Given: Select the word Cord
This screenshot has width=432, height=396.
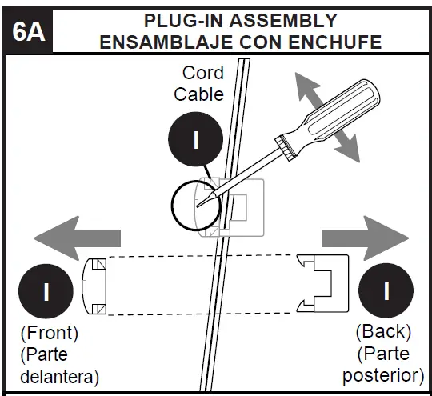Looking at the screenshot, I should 203,74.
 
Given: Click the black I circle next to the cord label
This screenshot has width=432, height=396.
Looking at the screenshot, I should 194,139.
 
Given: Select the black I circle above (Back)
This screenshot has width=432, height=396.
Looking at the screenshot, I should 386,290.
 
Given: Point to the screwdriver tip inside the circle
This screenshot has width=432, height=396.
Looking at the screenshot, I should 198,206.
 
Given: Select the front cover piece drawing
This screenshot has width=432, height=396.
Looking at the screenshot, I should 96,286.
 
